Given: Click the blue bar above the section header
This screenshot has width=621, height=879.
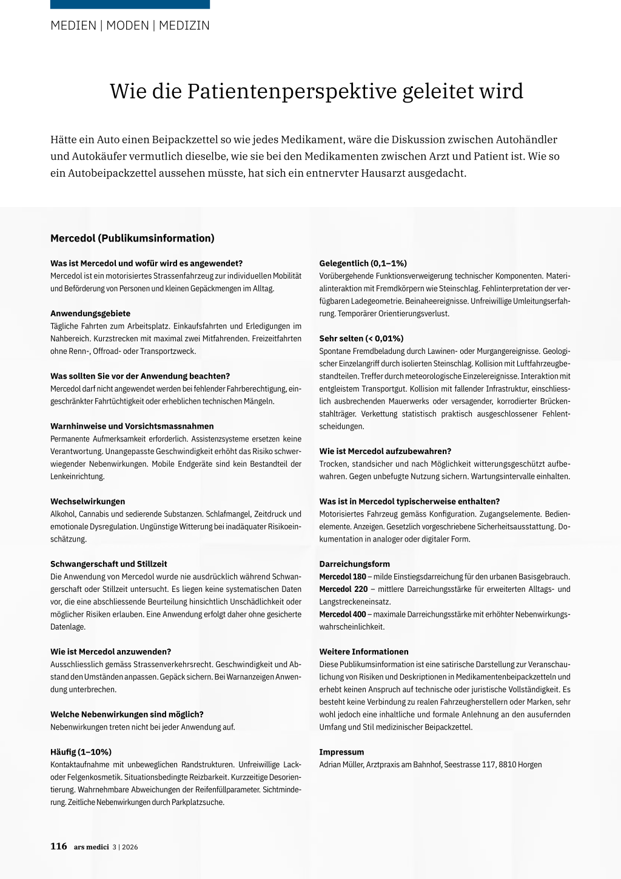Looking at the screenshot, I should tap(130, 4).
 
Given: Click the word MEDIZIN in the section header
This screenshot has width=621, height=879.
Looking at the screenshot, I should tap(184, 25).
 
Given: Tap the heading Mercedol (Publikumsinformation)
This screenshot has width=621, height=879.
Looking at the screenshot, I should tap(132, 238).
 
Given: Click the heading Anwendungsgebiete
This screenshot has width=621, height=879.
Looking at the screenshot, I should tap(90, 313).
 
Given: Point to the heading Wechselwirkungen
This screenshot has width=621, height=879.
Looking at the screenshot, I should tap(88, 501).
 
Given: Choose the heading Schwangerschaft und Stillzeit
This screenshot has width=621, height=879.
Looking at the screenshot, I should tap(109, 564).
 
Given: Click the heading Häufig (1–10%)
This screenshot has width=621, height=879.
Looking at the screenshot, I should tap(81, 752).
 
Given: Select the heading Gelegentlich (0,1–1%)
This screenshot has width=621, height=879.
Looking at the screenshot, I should tap(363, 263).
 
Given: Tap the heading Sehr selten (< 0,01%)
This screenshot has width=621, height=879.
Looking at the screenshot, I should tap(361, 338).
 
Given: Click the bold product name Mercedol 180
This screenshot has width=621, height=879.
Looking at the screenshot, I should tap(343, 577).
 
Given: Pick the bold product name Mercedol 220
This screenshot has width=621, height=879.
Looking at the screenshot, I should tap(343, 589).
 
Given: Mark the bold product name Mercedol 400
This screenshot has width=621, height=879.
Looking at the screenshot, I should tap(343, 614).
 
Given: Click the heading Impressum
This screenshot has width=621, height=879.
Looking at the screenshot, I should tap(341, 752).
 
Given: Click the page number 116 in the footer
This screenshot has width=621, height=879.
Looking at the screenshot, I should tap(59, 846).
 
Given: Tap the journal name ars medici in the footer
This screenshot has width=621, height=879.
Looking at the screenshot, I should tap(91, 847).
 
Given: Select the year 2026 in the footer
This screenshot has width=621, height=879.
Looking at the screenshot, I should tap(130, 847).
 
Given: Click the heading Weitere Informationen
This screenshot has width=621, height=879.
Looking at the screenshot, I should tap(364, 651).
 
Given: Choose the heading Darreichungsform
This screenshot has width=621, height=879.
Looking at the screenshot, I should tap(355, 564).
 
